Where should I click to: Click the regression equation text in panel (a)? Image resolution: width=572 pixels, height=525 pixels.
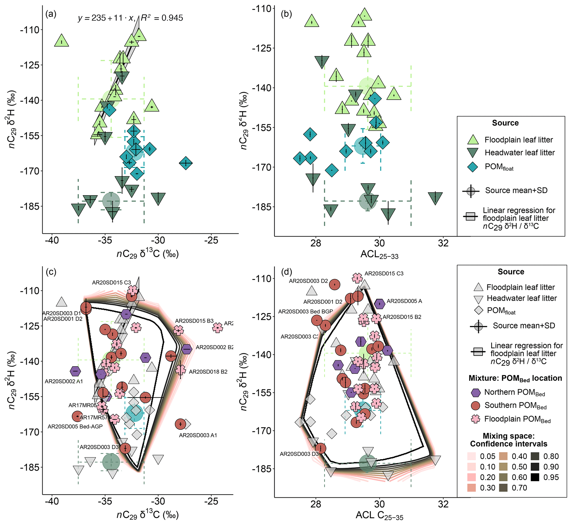point(130,18)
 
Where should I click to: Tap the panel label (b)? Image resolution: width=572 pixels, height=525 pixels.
point(286,14)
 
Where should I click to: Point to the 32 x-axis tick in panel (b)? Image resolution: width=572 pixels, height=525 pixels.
point(443,243)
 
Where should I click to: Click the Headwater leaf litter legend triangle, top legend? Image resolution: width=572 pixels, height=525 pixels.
point(473,153)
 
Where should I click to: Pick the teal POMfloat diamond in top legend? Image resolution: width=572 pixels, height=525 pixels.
point(473,167)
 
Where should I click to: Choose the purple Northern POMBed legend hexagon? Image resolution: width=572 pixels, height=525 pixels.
point(475,392)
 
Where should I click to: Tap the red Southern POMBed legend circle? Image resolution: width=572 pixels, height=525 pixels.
point(475,405)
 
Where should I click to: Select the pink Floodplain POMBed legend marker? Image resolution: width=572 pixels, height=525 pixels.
point(475,419)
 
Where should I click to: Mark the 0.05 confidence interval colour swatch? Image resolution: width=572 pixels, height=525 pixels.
point(472,456)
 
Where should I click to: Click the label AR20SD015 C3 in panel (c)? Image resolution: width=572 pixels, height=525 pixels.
point(111,283)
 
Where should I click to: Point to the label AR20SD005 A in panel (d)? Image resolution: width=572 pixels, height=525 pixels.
point(404,301)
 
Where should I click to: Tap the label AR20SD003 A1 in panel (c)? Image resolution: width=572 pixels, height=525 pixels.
point(198,435)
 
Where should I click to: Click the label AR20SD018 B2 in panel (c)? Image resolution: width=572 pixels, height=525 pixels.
point(208,372)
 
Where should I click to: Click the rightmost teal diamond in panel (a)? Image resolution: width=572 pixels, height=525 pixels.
point(186,163)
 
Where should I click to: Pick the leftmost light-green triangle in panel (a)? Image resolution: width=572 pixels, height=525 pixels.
point(61,41)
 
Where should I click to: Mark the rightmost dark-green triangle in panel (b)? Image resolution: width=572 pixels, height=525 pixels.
point(435,198)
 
